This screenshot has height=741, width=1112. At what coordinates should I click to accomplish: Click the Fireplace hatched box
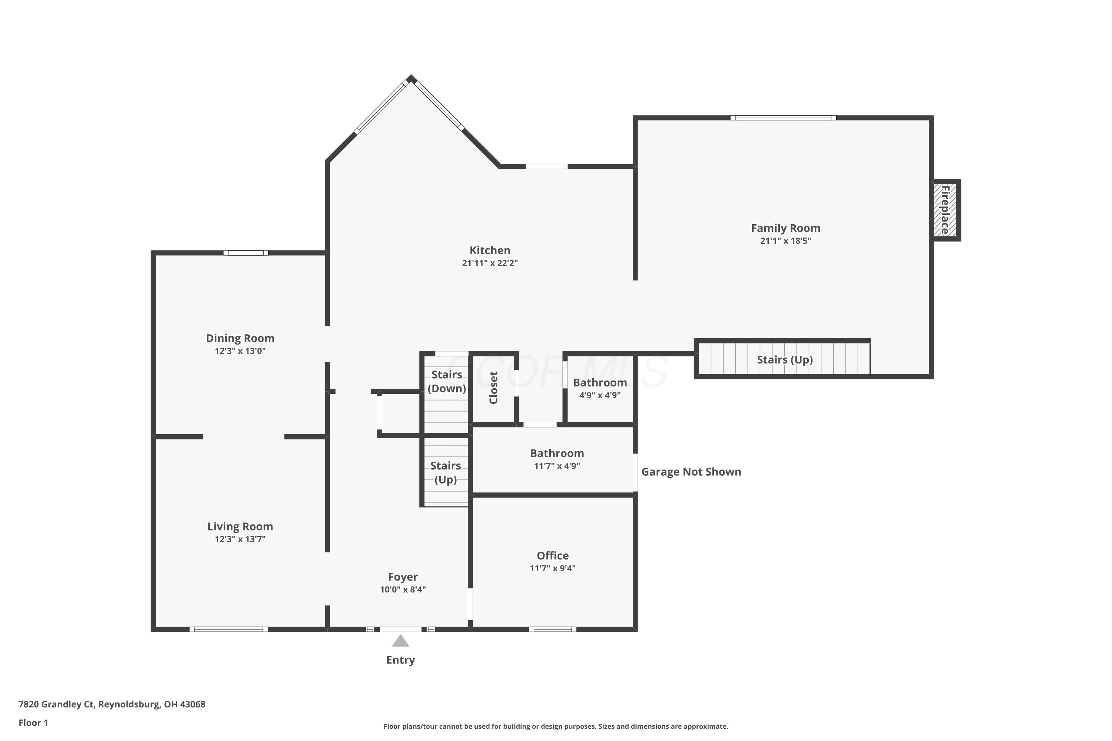[944, 210]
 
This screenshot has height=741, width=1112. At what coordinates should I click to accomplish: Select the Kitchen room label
[490, 250]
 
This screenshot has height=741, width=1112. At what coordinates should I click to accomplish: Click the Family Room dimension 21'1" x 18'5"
[785, 240]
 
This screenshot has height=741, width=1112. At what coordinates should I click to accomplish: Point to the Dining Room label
[240, 338]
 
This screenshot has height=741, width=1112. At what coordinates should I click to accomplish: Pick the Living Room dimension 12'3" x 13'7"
[240, 539]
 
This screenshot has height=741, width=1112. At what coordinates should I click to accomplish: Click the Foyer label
[403, 577]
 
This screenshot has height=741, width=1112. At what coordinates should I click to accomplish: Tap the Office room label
[553, 556]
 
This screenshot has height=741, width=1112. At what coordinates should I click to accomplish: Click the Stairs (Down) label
[447, 381]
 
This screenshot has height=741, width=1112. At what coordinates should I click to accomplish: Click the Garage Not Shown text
[691, 472]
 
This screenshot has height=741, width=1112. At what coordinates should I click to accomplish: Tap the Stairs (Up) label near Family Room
[785, 360]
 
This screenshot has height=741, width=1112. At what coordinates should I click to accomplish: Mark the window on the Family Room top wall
[784, 118]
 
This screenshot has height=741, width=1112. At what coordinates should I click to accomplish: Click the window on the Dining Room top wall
[246, 253]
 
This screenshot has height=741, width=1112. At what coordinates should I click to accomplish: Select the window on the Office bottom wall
[553, 629]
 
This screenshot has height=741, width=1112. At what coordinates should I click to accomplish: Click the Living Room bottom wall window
[229, 629]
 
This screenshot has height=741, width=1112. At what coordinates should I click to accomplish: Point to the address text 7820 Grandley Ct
[57, 704]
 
